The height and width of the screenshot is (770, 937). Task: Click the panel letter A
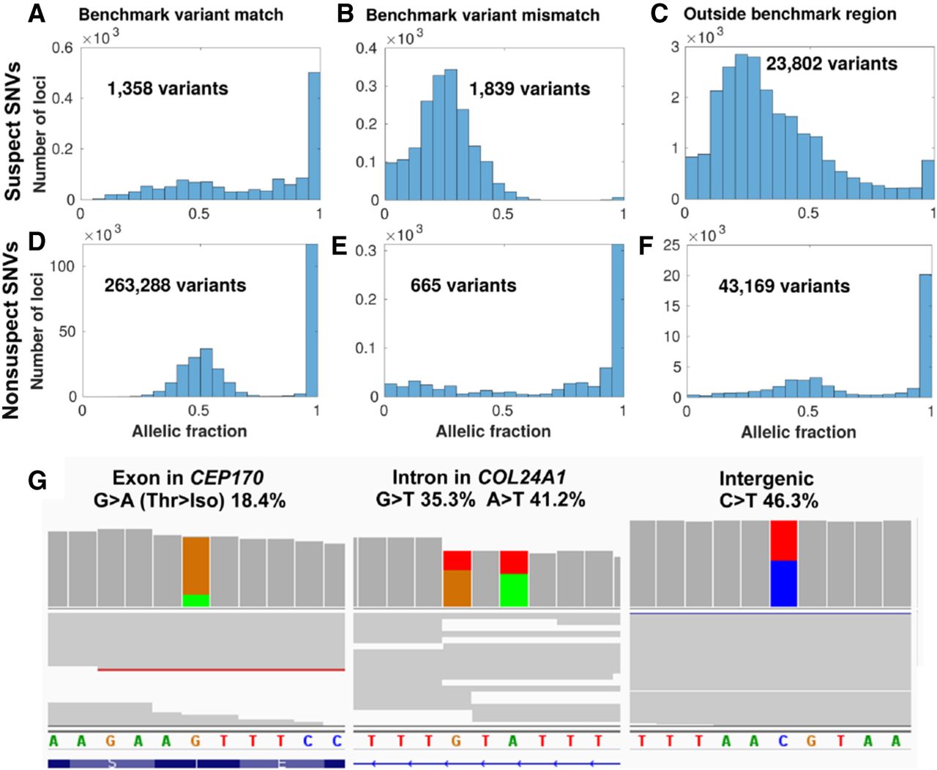[37, 13]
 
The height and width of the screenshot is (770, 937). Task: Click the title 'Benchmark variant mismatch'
[482, 15]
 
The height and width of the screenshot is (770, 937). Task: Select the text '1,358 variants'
[168, 89]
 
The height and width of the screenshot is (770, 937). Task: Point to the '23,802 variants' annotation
[832, 64]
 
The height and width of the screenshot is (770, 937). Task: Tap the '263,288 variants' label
[175, 285]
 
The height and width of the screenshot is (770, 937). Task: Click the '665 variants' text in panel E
[463, 285]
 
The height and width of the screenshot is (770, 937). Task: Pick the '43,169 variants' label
[784, 286]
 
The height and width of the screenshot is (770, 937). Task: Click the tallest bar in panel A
[314, 136]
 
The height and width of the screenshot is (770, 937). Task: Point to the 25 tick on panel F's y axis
[671, 245]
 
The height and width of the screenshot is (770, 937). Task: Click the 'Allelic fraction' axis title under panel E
[493, 432]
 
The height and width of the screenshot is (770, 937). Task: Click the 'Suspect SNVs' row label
[13, 131]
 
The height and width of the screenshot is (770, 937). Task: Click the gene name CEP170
[226, 478]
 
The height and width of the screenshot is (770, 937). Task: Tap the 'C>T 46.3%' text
[769, 501]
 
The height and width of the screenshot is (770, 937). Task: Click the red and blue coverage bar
[783, 563]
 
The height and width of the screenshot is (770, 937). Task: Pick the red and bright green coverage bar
[514, 579]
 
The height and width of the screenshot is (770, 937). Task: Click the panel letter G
[37, 481]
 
